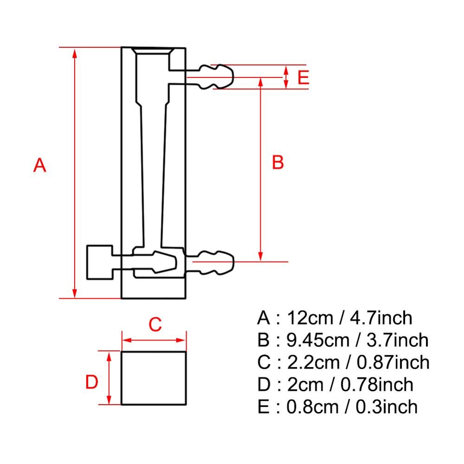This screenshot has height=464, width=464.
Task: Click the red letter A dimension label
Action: [x=40, y=165]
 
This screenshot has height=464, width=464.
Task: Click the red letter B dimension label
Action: [x=277, y=163]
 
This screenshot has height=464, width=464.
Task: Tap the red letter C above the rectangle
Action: [x=155, y=325]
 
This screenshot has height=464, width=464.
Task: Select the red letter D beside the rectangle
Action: [x=92, y=383]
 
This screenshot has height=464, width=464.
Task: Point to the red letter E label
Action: [x=303, y=77]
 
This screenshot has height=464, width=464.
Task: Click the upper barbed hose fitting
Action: [x=216, y=76]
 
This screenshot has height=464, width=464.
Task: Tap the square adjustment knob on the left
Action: [x=100, y=262]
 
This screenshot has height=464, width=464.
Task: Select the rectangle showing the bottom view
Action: [x=154, y=378]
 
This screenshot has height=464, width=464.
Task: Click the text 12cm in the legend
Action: [x=309, y=318]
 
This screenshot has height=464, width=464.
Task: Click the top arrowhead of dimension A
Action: [x=75, y=51]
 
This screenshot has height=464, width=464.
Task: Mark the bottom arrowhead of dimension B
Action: [x=261, y=256]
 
